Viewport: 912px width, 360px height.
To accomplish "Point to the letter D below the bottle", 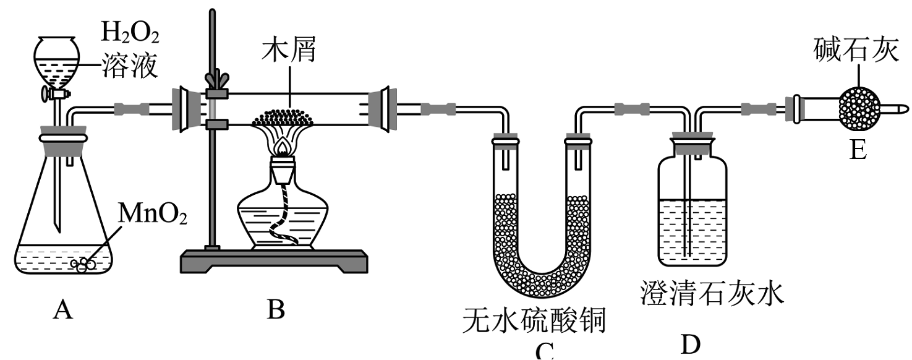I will tap(691, 345).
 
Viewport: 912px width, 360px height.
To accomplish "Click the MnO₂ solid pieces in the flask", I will tap(84, 264).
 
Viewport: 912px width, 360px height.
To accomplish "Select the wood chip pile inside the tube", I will tap(285, 116).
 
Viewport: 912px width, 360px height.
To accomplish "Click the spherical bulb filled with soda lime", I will tap(858, 109).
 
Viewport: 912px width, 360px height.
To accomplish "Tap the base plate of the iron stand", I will tap(273, 262).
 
